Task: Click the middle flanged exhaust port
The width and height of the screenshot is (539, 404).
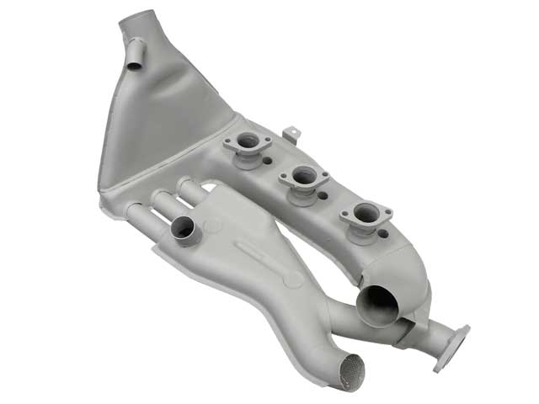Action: (303, 178)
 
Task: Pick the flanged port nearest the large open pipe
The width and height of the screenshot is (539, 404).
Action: (366, 215)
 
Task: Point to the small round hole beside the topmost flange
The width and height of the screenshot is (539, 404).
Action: (267, 160)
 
